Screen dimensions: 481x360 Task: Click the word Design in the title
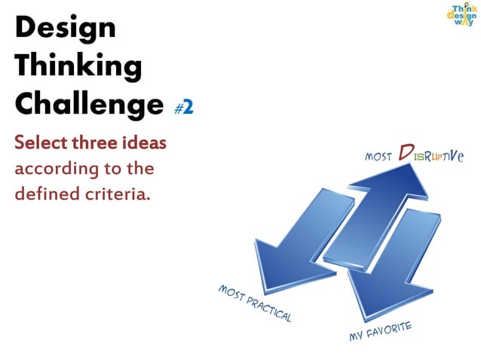click(66, 29)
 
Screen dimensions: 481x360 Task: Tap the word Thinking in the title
click(78, 67)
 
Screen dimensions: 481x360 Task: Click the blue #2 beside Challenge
click(184, 107)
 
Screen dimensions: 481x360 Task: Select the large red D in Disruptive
click(405, 154)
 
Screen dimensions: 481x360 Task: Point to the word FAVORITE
click(390, 329)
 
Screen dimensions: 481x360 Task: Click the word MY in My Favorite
click(357, 337)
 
